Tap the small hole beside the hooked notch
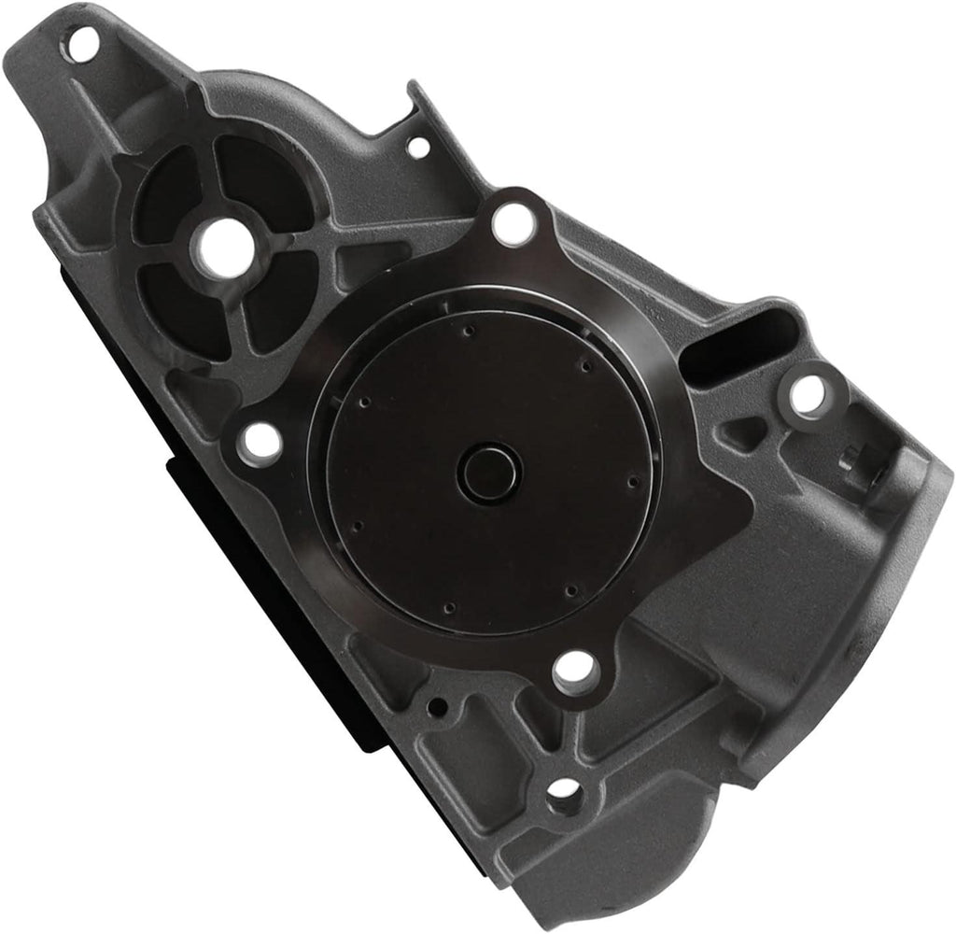(x=417, y=147)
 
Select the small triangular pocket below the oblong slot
(x=747, y=432)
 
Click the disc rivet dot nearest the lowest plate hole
(x=570, y=590)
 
